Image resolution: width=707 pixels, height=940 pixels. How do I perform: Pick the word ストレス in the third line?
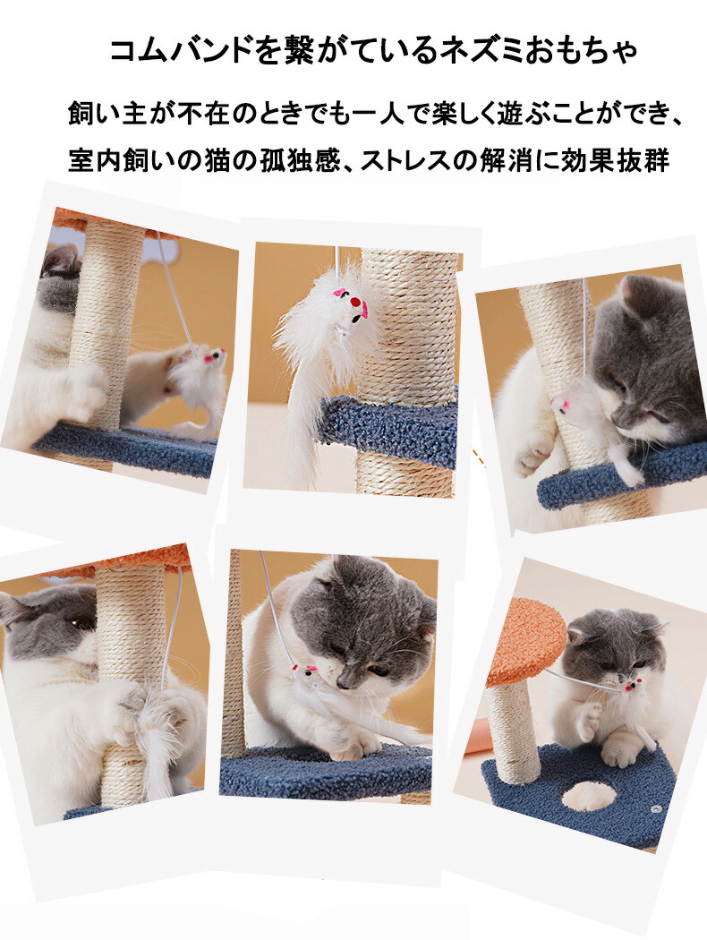404,160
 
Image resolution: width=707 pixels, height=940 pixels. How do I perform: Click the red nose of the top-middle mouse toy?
355,303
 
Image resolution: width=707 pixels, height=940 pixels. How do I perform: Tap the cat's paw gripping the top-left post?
84,389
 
